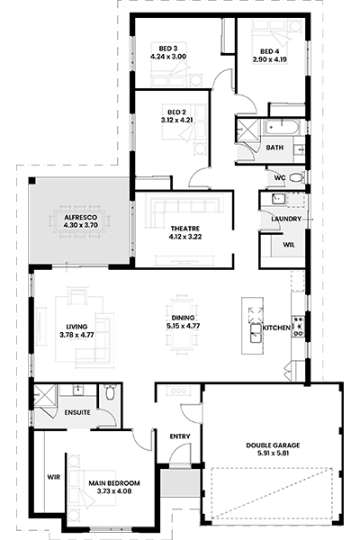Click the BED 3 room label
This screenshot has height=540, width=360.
coord(168,49)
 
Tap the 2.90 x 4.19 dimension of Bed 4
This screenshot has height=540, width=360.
coord(270,59)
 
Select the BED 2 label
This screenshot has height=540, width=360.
coord(176,112)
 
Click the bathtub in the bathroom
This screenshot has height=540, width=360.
coord(282,127)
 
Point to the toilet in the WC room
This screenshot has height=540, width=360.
coord(296,177)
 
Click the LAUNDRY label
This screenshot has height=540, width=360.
coord(286,219)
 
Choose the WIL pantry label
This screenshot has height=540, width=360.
coord(289,245)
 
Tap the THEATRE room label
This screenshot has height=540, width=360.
coord(185,229)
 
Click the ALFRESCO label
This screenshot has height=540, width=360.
coord(81,218)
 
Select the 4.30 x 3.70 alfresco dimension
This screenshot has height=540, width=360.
coord(81,226)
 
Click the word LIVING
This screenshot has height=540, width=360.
coord(76,327)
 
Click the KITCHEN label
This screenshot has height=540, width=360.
coord(276,328)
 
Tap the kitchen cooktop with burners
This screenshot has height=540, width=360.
coord(298,326)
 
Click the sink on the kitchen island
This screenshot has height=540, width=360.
coord(256,333)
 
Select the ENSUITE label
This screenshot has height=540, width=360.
coord(77,412)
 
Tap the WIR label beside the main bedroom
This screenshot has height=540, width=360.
coord(54,477)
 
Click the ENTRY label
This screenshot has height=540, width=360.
coord(180,436)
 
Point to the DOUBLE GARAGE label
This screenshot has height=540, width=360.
coord(273,445)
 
